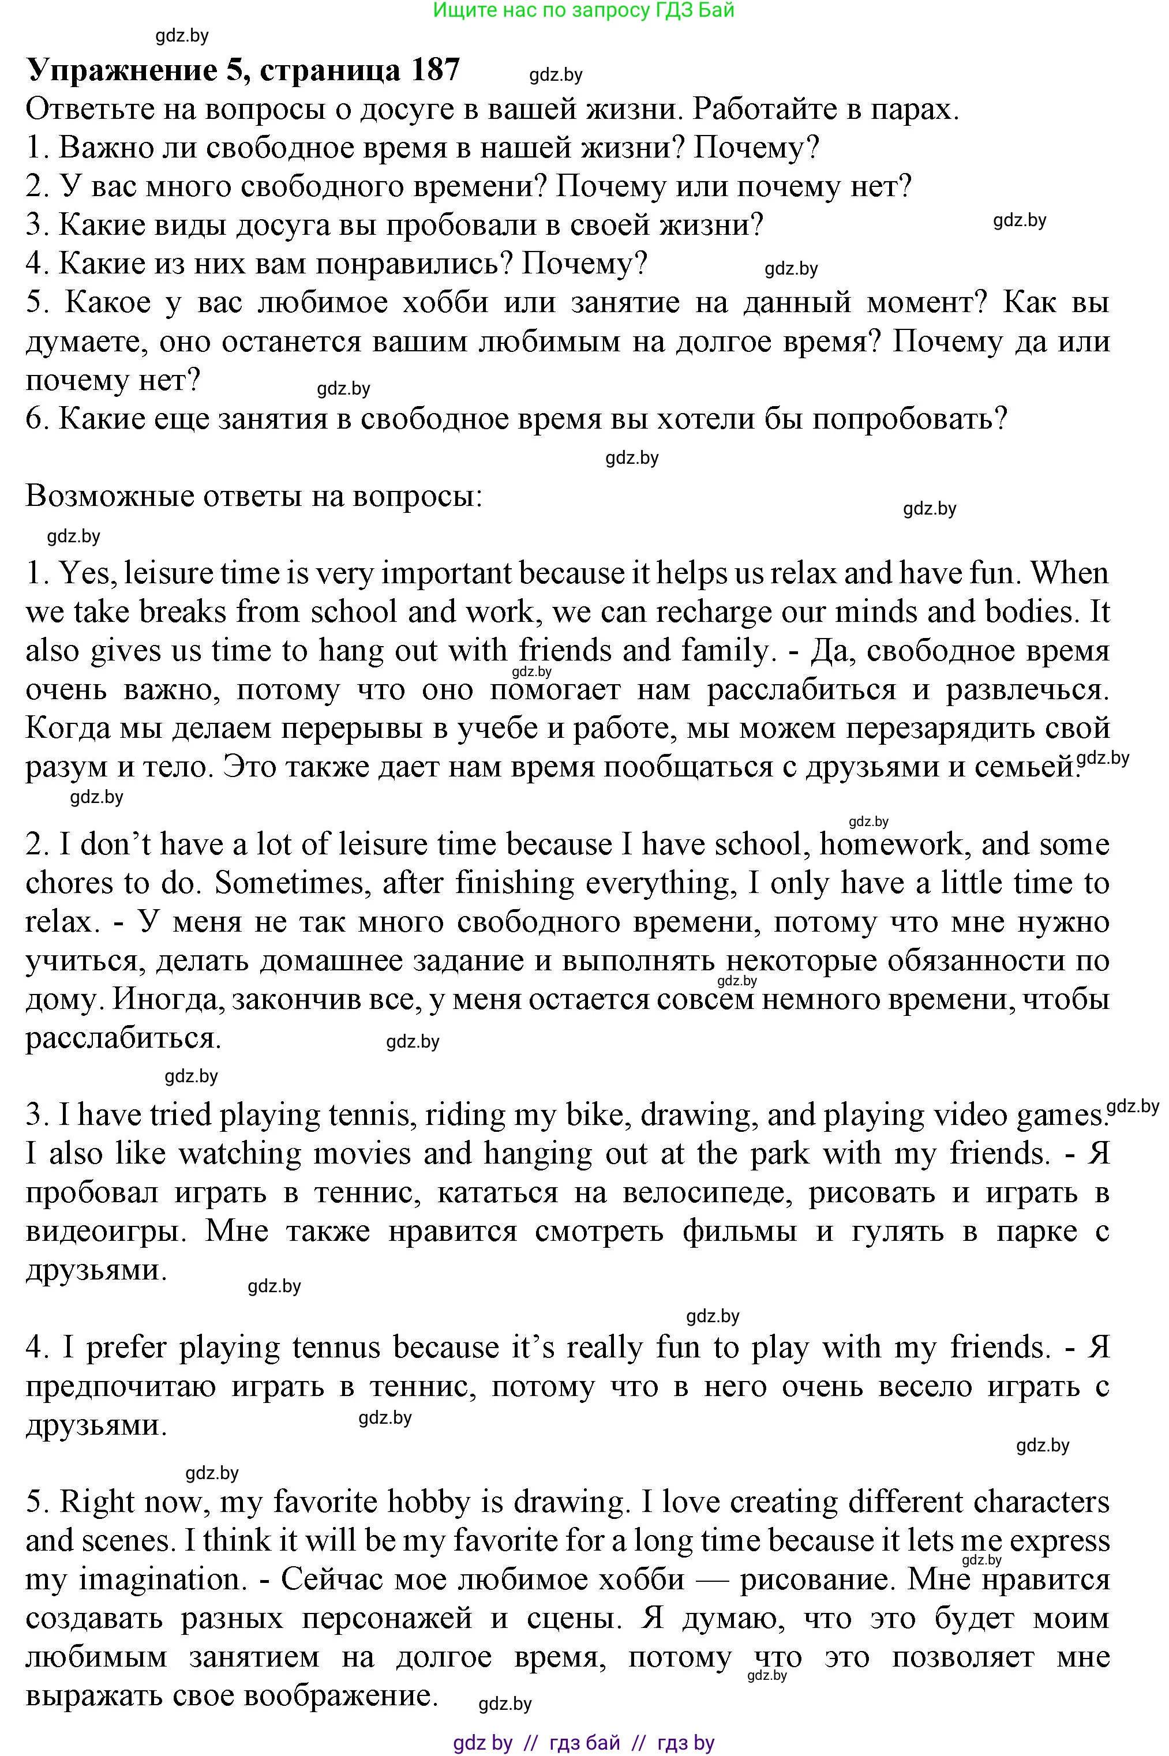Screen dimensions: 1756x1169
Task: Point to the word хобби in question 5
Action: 444,303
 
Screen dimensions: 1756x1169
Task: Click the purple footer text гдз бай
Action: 584,1743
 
